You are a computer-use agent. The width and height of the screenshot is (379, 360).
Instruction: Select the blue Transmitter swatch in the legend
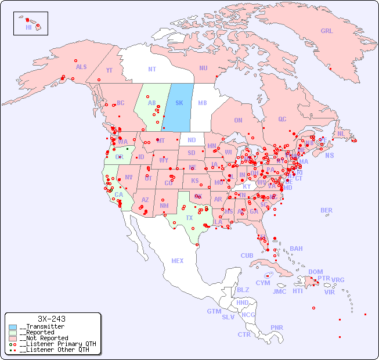13,327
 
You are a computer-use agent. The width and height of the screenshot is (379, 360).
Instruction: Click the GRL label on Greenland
327,31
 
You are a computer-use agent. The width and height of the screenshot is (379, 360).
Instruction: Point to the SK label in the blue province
179,103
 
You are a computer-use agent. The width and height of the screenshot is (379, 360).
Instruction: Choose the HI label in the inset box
28,27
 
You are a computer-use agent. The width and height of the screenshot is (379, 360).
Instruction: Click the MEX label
178,261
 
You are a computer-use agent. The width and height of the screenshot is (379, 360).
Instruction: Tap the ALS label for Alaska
81,67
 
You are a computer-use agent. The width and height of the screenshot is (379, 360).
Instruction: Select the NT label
152,69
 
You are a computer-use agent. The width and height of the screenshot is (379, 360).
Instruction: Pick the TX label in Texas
189,218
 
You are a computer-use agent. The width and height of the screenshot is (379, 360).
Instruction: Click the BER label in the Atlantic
326,210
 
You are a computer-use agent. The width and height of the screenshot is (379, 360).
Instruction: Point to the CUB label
247,255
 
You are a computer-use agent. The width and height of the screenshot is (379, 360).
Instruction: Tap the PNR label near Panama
277,327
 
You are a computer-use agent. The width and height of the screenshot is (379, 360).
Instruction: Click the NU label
203,68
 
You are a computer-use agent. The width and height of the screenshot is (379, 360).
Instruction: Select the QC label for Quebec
282,119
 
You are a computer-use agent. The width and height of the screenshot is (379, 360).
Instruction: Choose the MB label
202,103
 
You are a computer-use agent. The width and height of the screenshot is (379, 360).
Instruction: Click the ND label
192,140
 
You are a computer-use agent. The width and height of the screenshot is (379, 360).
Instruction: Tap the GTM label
214,311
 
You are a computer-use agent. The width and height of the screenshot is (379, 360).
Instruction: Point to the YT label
109,70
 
